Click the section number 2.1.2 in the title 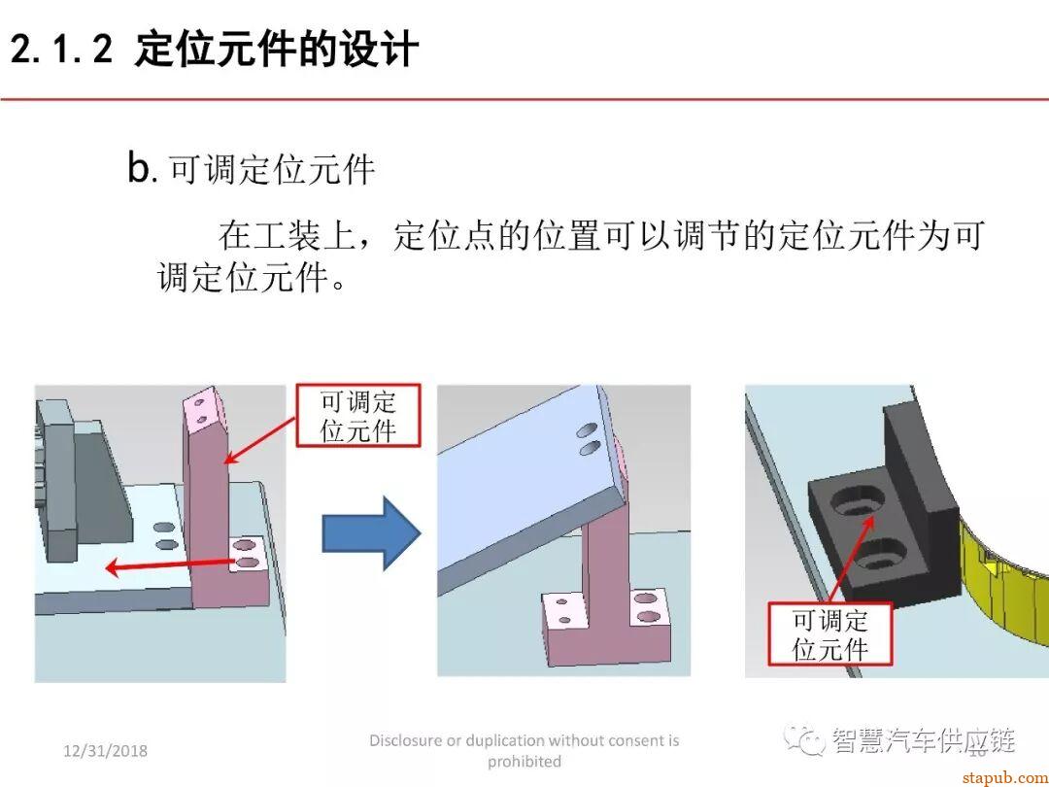click(x=62, y=50)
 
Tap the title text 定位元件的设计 click(x=277, y=50)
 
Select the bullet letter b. click(x=141, y=168)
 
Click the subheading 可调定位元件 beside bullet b click(x=273, y=170)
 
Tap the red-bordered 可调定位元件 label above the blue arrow click(x=358, y=416)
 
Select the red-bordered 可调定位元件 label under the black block click(x=829, y=634)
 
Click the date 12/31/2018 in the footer click(x=106, y=751)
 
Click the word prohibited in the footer click(x=524, y=761)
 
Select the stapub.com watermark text click(x=1000, y=776)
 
